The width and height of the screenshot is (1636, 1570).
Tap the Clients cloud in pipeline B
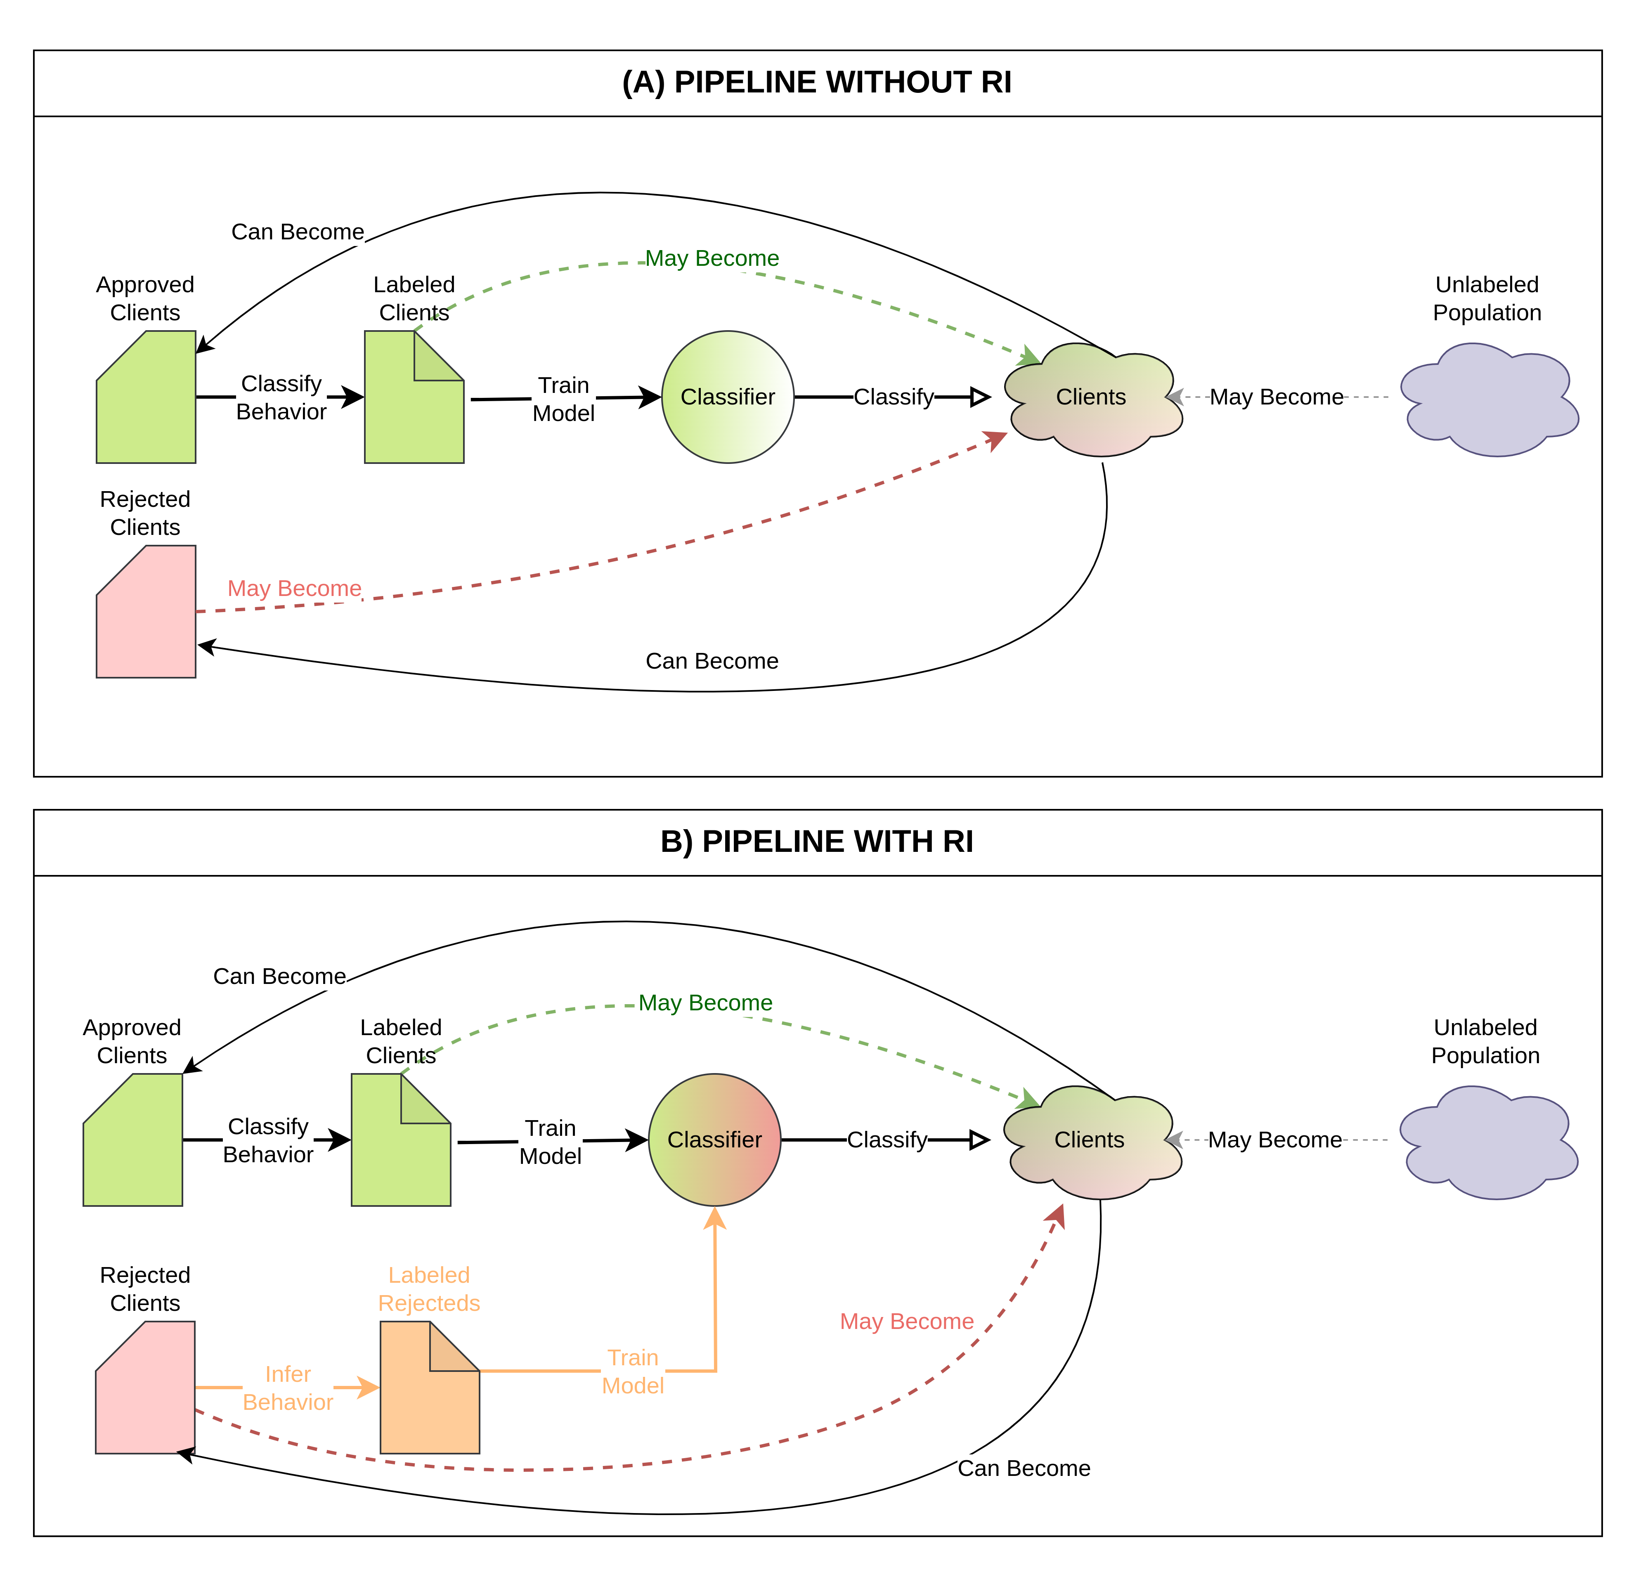1089,1140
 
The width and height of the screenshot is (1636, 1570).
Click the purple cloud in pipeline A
1488,399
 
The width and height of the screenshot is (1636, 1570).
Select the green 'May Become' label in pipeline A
712,258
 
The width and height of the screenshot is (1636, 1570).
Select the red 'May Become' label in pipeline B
906,1321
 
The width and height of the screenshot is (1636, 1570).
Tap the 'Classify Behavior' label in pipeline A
281,397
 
